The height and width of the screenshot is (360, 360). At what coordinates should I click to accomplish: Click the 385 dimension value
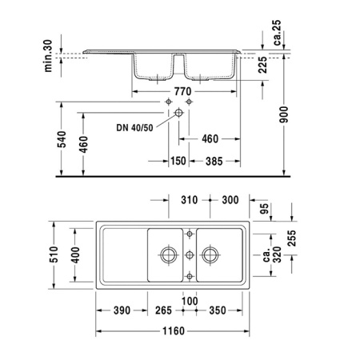212,161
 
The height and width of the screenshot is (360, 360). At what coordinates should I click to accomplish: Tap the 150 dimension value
178,161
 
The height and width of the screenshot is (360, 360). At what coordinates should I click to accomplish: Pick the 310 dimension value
190,198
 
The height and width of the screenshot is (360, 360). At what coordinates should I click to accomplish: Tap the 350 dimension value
216,310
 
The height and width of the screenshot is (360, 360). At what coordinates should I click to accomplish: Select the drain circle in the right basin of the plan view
210,255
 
